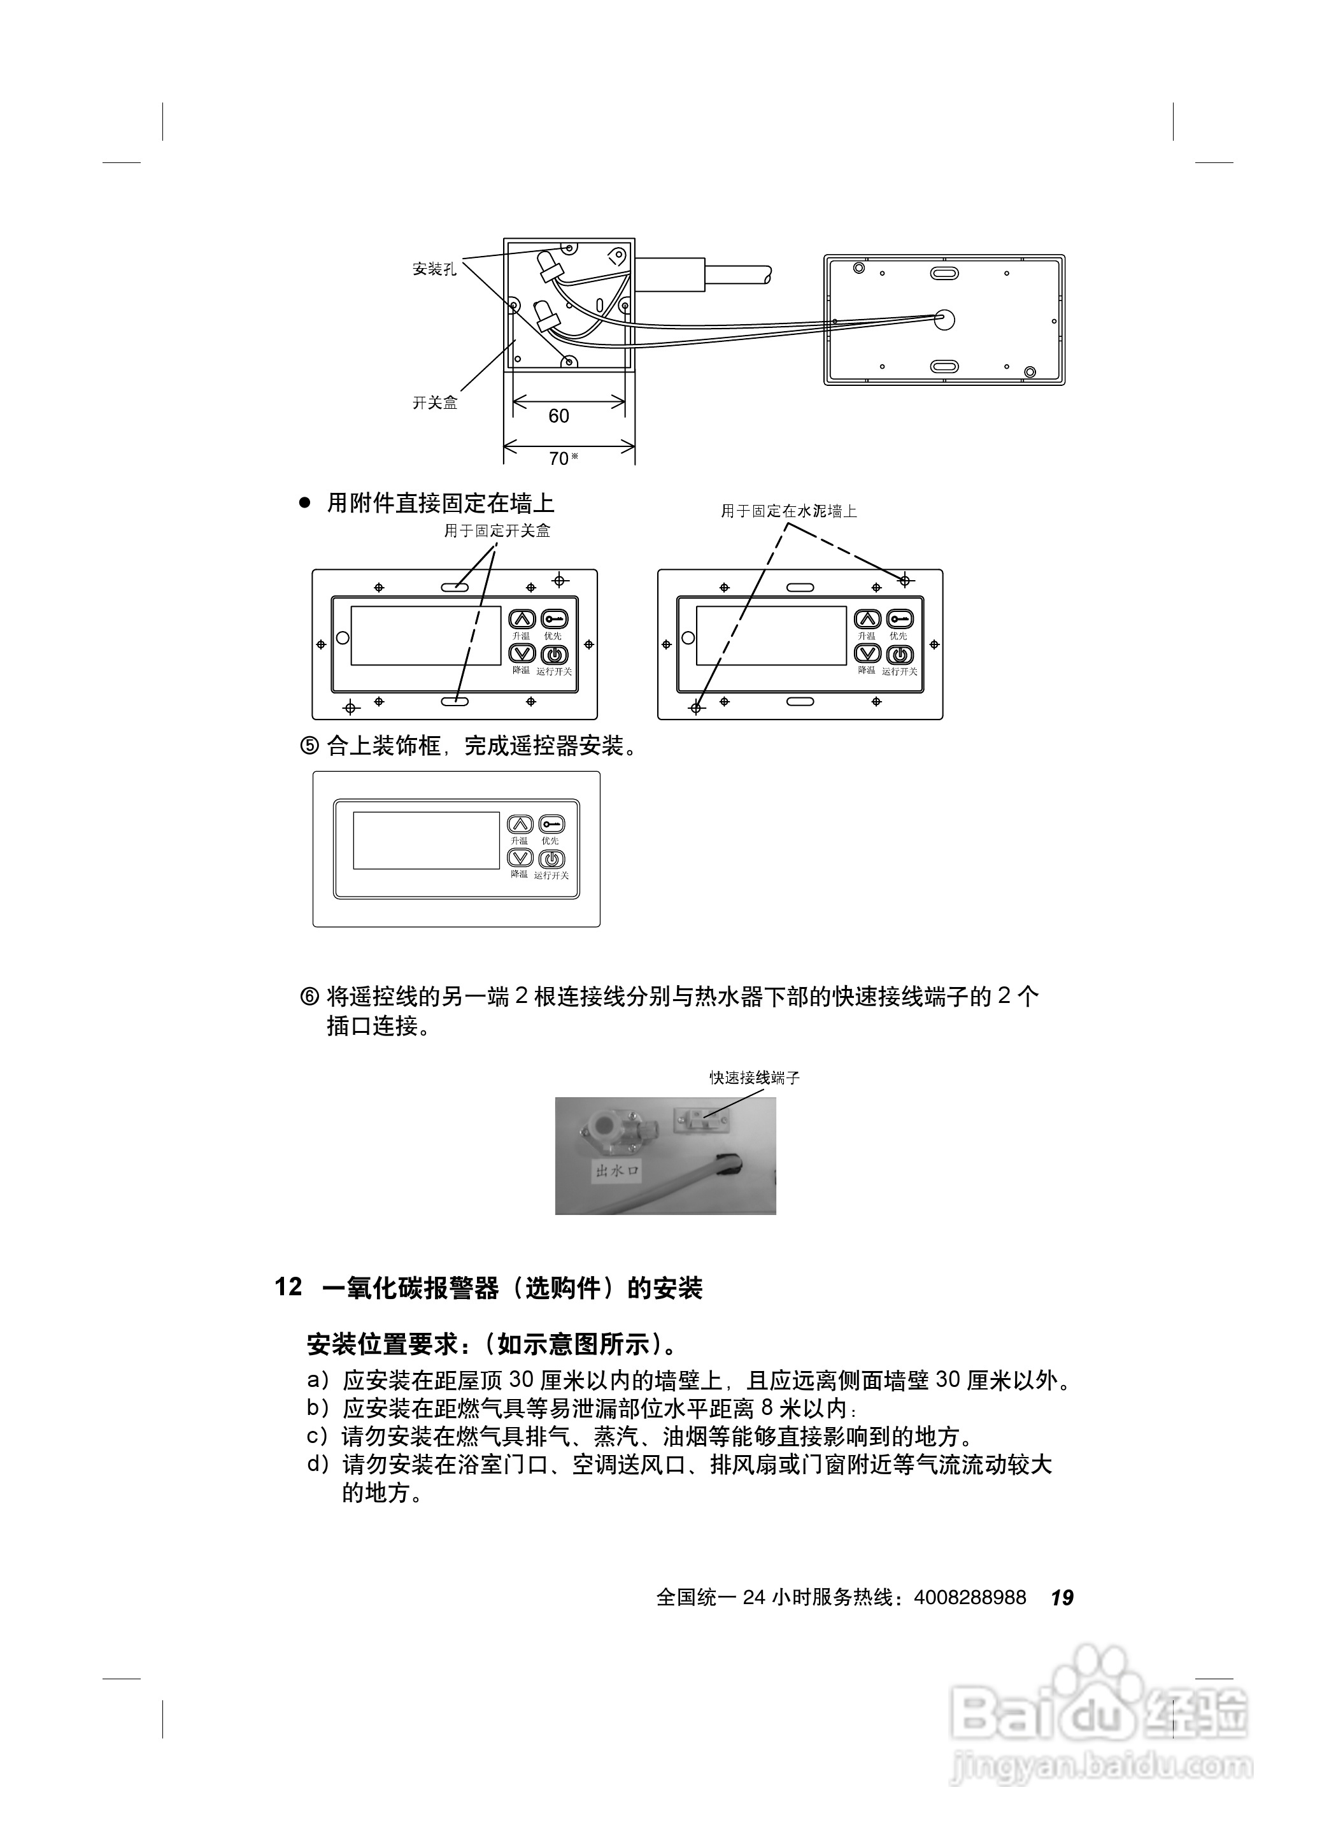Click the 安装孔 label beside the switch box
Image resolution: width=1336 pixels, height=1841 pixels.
click(x=434, y=269)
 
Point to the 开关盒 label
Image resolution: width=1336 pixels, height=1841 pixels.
click(x=434, y=402)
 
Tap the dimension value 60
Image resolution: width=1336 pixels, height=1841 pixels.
click(x=558, y=416)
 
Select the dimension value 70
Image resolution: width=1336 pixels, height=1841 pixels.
click(x=558, y=458)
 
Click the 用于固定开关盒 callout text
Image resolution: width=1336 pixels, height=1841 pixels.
click(x=497, y=531)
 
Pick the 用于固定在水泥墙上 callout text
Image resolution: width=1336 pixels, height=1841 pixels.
click(x=789, y=511)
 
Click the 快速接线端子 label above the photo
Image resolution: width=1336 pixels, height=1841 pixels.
click(x=755, y=1077)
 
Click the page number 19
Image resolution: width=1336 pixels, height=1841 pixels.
click(x=1062, y=1598)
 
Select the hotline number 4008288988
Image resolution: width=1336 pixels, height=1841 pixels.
click(x=970, y=1598)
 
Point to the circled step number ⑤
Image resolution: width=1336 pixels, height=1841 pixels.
click(x=310, y=746)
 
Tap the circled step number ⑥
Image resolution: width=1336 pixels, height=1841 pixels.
click(x=310, y=996)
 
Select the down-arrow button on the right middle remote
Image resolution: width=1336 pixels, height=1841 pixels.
click(x=869, y=653)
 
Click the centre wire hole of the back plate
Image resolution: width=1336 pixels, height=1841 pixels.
click(x=944, y=318)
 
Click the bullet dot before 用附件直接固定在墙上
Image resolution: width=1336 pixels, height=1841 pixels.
click(x=305, y=503)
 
